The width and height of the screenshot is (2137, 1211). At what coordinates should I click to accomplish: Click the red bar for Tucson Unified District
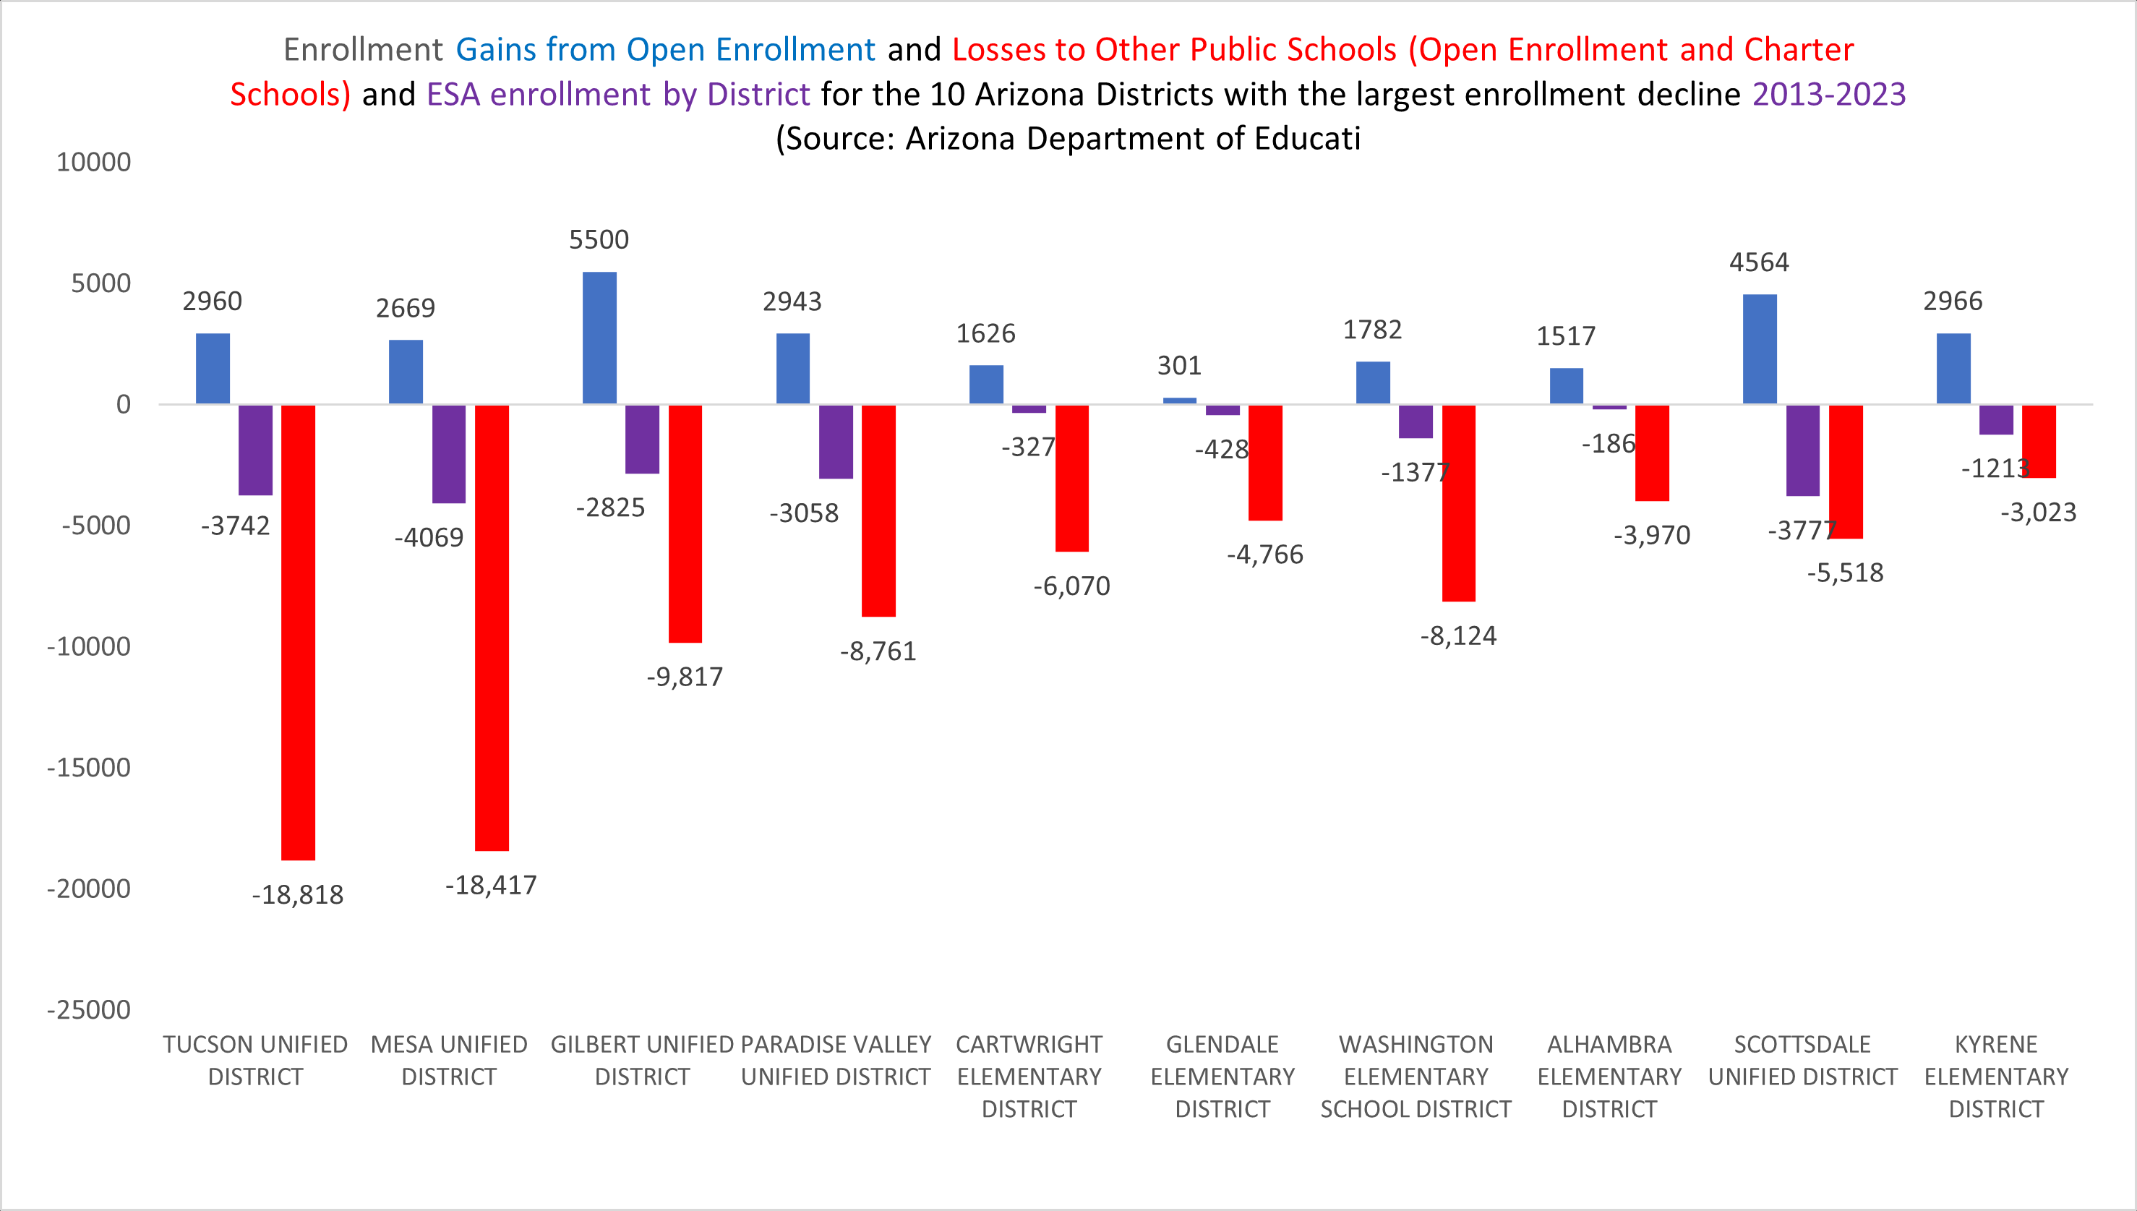[x=298, y=632]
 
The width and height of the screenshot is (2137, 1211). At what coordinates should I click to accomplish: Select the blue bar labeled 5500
[x=599, y=338]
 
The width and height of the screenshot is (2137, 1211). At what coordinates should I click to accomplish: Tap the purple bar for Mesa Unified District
[x=449, y=454]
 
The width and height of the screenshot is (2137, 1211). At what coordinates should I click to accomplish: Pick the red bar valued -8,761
[x=878, y=510]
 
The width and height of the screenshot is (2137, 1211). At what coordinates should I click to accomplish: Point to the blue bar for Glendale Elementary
[x=1179, y=401]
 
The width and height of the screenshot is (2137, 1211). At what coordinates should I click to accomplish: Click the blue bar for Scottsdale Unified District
[x=1760, y=349]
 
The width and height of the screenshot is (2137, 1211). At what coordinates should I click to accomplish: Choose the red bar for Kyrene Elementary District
[x=2038, y=442]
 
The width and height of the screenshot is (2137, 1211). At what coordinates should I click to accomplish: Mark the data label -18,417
[x=491, y=885]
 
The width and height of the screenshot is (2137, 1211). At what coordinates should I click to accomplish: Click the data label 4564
[x=1759, y=263]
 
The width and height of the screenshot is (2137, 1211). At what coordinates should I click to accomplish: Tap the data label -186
[x=1607, y=444]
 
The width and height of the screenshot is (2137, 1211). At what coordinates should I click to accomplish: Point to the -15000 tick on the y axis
[x=89, y=768]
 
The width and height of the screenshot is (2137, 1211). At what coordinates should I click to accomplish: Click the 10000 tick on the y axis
[x=94, y=162]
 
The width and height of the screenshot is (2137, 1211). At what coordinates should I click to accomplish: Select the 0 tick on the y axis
[x=123, y=405]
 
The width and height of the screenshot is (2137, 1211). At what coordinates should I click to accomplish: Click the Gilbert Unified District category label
[x=642, y=1061]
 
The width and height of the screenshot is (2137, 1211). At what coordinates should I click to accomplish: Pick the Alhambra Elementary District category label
[x=1609, y=1077]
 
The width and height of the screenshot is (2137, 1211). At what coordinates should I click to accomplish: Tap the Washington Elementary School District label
[x=1416, y=1077]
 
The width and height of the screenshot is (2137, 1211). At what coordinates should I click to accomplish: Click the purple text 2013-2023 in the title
[x=1828, y=94]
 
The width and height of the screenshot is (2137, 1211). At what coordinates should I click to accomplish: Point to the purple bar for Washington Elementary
[x=1416, y=422]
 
